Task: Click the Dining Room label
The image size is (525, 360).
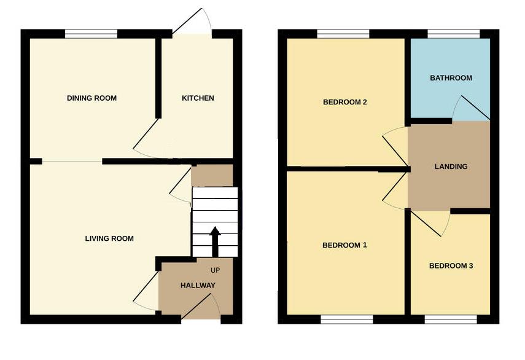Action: click(91, 98)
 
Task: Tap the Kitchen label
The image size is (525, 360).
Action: click(198, 98)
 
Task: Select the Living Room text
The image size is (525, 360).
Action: click(109, 238)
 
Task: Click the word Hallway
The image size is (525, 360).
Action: click(198, 286)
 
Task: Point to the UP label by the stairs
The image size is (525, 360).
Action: click(215, 270)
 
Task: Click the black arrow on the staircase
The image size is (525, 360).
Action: click(215, 241)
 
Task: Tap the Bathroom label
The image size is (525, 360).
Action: click(451, 78)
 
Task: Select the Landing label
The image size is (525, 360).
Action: click(451, 166)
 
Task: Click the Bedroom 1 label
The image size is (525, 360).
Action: click(344, 245)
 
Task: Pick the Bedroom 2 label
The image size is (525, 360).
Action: click(344, 103)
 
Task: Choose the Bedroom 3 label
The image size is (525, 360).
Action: click(451, 266)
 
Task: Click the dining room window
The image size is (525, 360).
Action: click(91, 34)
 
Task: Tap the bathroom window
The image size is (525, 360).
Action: click(454, 34)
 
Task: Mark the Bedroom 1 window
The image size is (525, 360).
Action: click(347, 319)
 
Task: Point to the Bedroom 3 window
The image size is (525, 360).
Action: click(451, 319)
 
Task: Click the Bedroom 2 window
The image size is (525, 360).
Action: click(343, 34)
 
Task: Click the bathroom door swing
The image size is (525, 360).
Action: click(470, 108)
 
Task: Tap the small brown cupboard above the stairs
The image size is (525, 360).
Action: click(212, 175)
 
